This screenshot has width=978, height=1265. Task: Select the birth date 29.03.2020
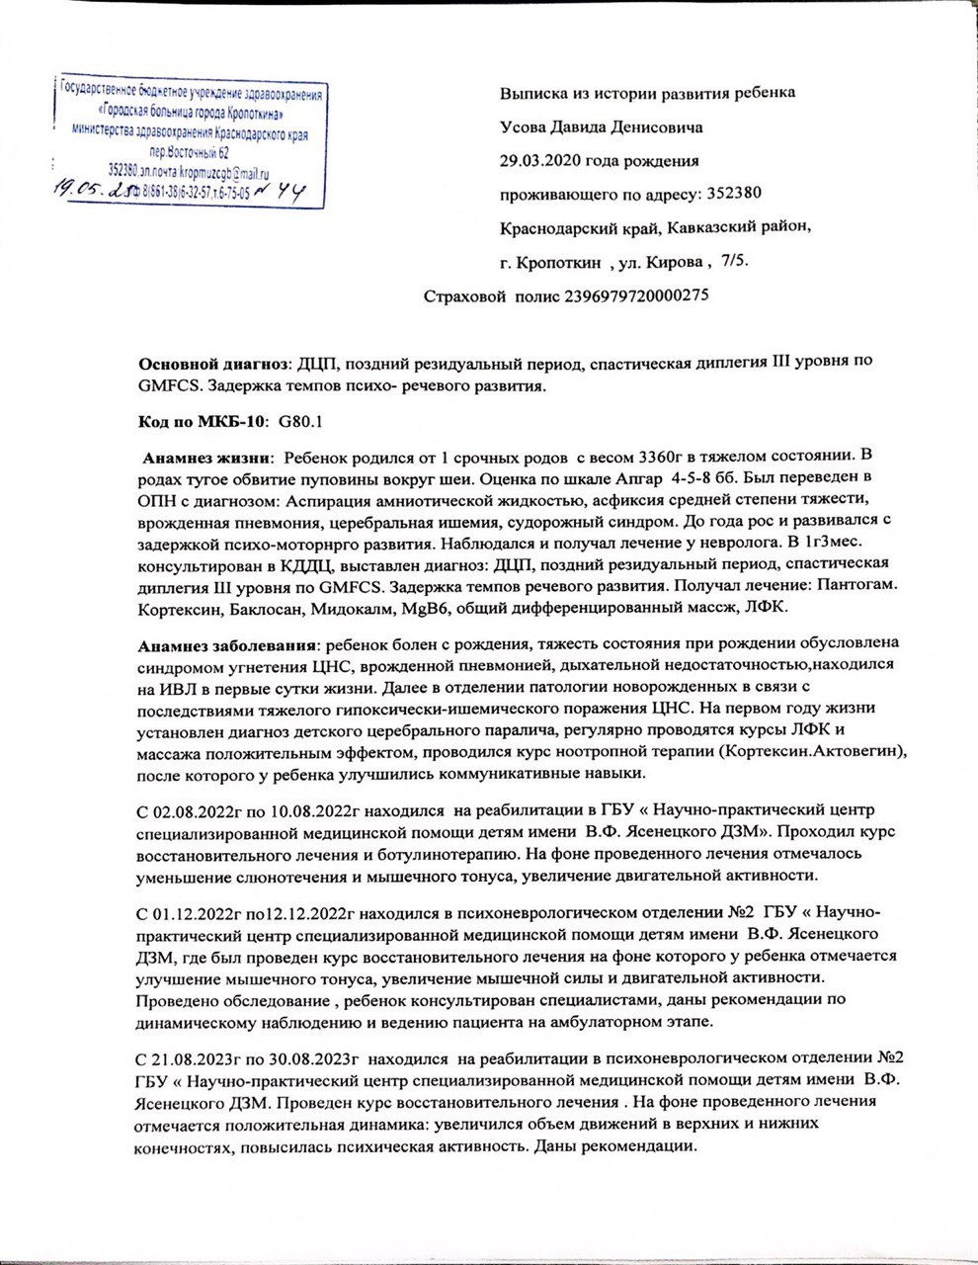pyautogui.click(x=541, y=160)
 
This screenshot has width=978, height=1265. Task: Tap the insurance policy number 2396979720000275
pyautogui.click(x=636, y=295)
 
